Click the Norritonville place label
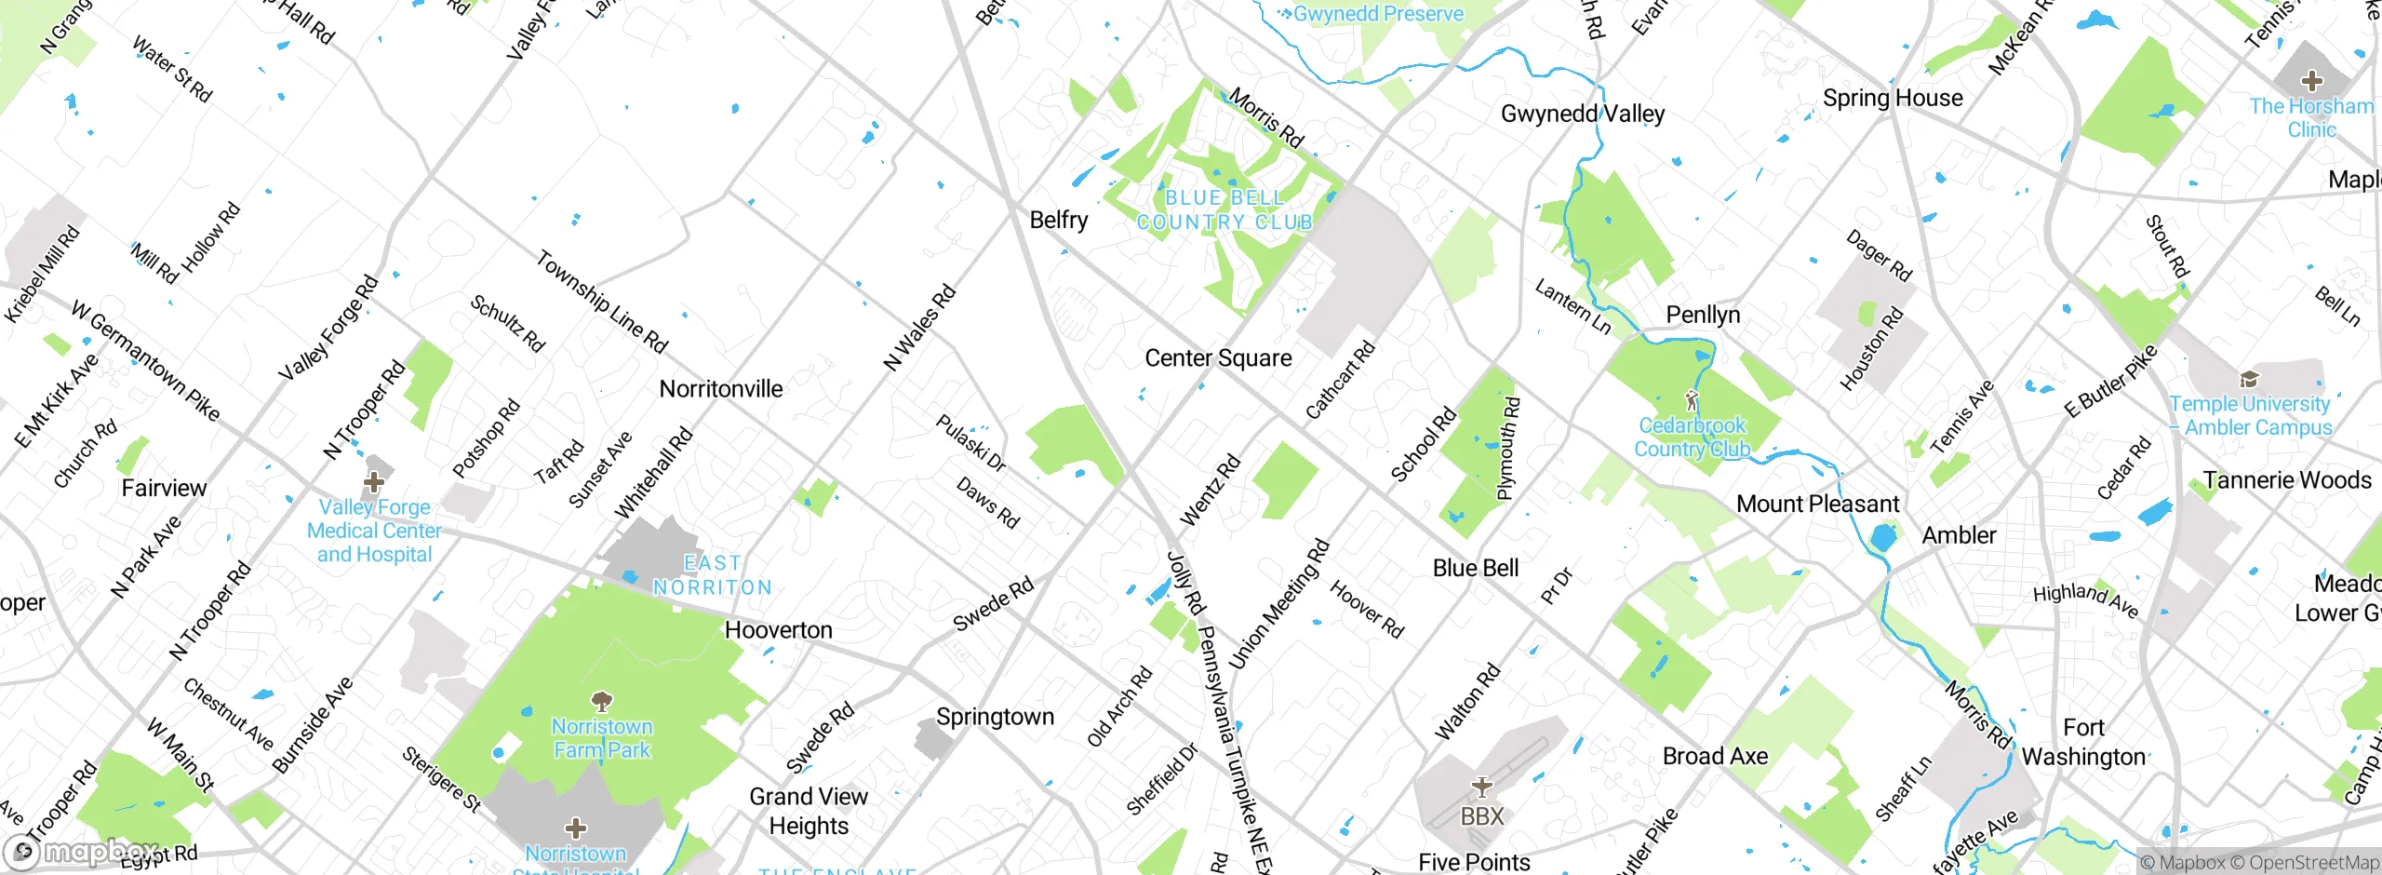[721, 389]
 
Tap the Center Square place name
[1218, 358]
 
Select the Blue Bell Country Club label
[1224, 210]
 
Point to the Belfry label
[1059, 221]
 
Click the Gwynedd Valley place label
[1582, 114]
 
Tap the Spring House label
[1893, 99]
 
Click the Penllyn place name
[1703, 316]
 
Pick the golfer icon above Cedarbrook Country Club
[1692, 401]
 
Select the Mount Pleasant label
[1817, 505]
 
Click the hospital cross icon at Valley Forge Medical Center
[374, 482]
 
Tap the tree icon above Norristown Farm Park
[602, 701]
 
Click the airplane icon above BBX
[1482, 787]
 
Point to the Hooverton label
[778, 631]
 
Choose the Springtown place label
[995, 718]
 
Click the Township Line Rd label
[602, 303]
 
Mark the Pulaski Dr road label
[970, 443]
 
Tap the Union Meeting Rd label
[1279, 604]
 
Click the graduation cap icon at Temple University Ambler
[2250, 379]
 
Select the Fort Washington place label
[2083, 742]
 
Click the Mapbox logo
[82, 852]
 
